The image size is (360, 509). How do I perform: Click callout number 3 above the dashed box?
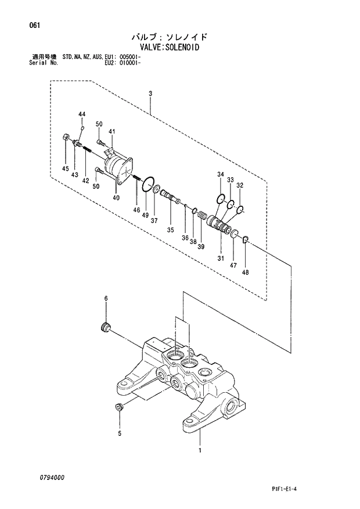[150, 94]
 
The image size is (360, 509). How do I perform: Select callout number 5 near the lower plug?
[120, 433]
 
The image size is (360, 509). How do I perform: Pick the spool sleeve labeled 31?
[220, 224]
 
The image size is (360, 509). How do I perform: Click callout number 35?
[171, 230]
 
